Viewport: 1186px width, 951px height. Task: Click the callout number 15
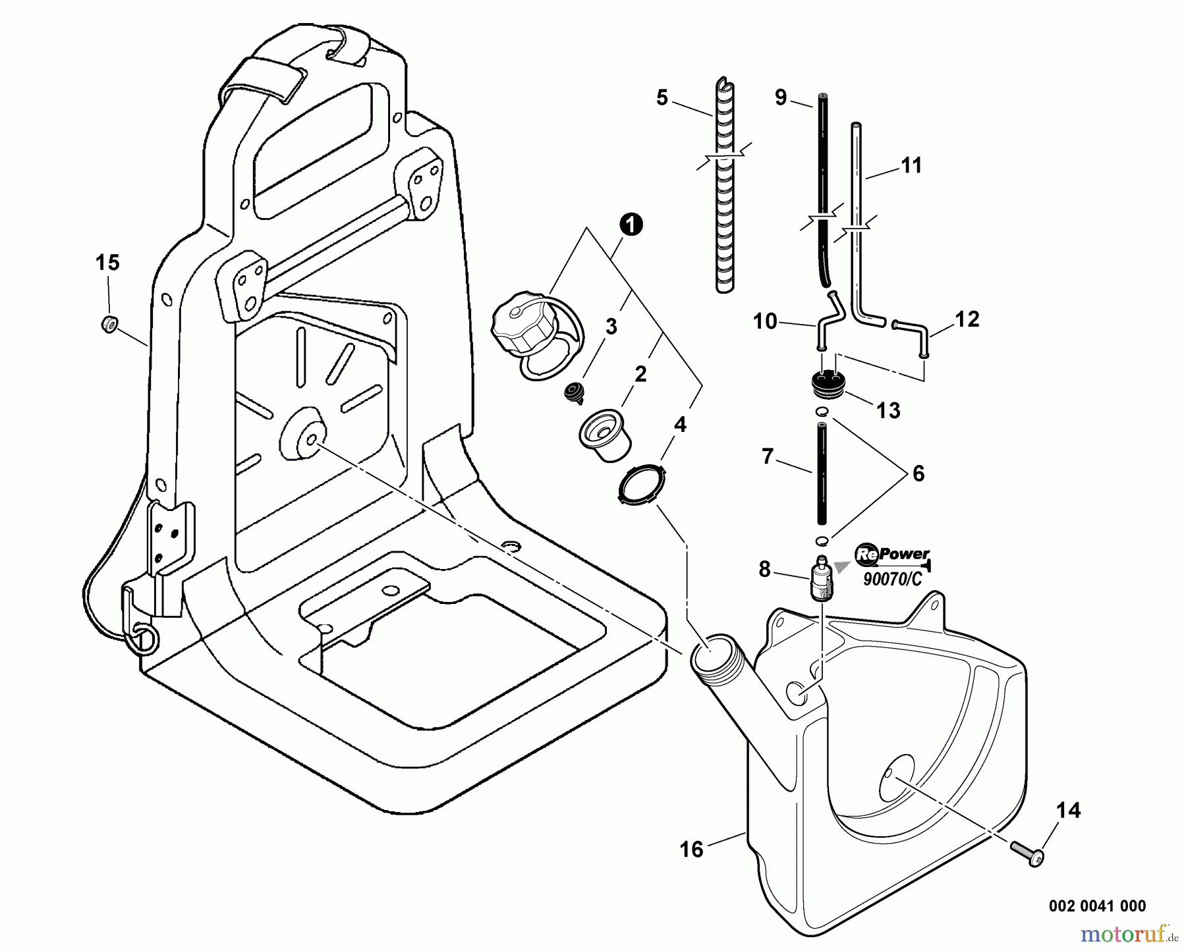(x=107, y=263)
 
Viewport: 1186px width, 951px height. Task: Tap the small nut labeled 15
(x=109, y=323)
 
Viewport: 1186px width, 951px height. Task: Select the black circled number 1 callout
(x=631, y=225)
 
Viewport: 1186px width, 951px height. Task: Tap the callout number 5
(x=662, y=98)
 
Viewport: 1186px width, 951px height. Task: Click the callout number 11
(x=911, y=165)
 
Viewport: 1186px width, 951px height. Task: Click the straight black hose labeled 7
(x=822, y=474)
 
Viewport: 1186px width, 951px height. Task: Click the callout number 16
(x=691, y=849)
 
